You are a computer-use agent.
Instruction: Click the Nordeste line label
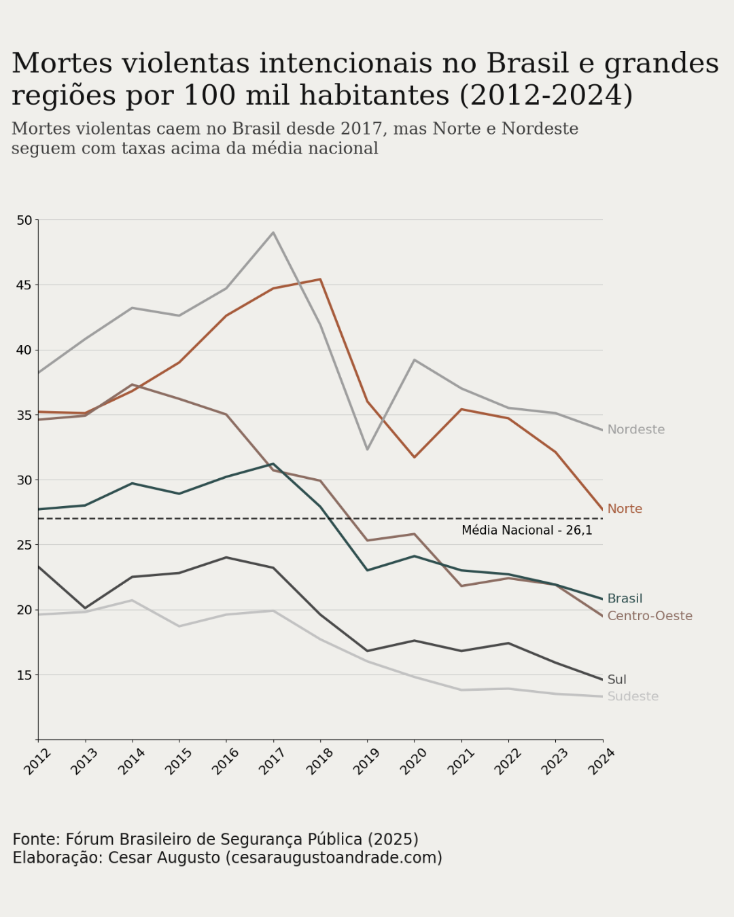click(635, 429)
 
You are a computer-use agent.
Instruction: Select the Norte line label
click(624, 509)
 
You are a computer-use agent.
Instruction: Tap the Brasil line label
click(624, 598)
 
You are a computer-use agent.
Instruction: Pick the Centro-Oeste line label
click(649, 616)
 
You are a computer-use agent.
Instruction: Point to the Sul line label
click(616, 679)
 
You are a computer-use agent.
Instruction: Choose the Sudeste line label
click(632, 696)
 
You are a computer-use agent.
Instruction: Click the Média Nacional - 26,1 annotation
click(527, 531)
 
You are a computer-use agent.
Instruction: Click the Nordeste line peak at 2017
click(273, 232)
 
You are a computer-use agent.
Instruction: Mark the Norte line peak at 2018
click(320, 279)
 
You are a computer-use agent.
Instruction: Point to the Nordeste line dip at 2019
click(367, 449)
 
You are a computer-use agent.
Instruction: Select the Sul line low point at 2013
click(85, 608)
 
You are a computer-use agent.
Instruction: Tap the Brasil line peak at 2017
click(273, 464)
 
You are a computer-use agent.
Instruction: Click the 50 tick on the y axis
click(24, 220)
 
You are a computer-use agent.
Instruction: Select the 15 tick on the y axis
click(24, 675)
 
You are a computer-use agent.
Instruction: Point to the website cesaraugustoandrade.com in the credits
click(333, 858)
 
